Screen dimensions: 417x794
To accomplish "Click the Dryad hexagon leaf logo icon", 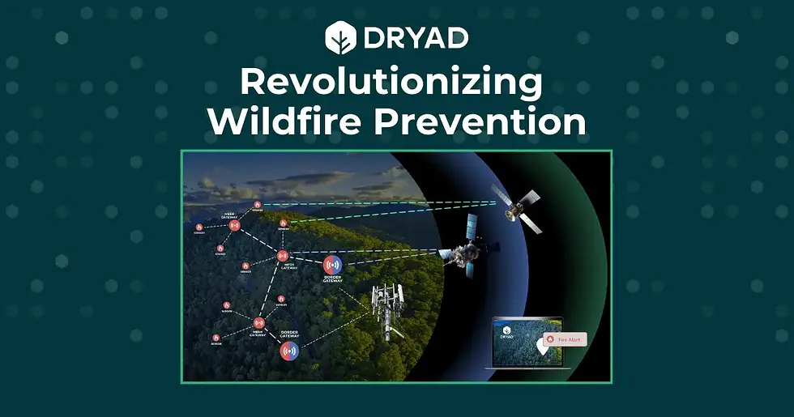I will click(339, 37).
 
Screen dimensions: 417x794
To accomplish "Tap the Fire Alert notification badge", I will click(565, 339).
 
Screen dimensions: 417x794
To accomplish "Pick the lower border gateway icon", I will click(289, 351).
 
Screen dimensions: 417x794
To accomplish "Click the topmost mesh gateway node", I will click(235, 225).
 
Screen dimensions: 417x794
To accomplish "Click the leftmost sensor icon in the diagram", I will click(198, 228).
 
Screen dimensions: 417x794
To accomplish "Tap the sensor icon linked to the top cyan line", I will click(258, 205).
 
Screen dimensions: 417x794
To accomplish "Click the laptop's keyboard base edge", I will click(527, 368).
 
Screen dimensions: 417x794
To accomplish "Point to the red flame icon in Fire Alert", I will click(552, 339).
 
